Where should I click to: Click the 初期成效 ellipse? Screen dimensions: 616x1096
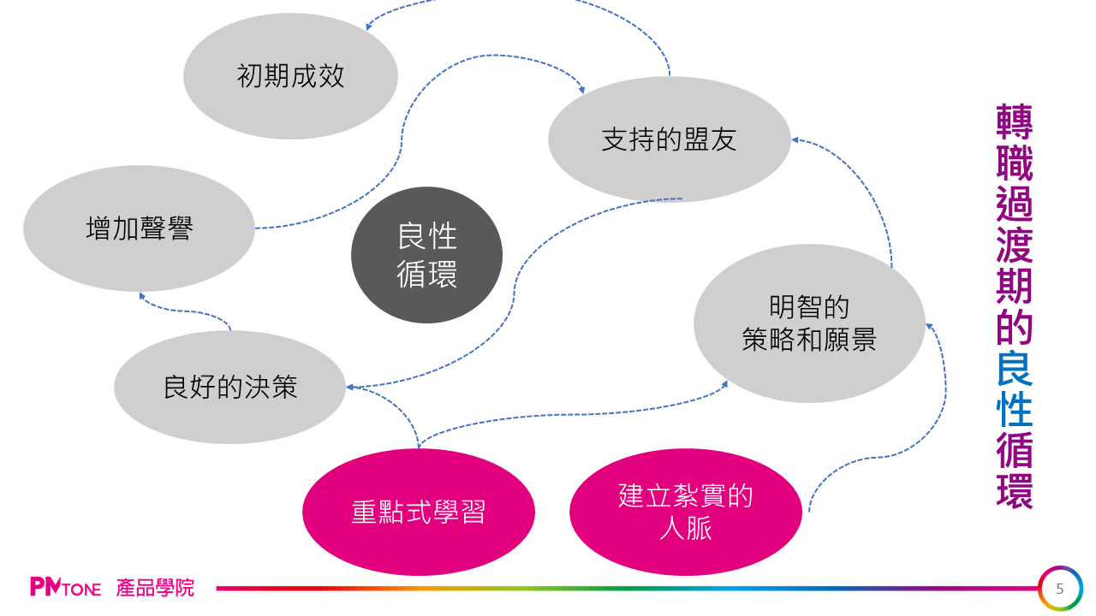point(290,76)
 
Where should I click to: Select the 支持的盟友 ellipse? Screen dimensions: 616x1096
point(669,139)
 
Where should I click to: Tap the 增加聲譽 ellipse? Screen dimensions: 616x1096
point(139,228)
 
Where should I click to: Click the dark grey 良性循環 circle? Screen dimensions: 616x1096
point(426,255)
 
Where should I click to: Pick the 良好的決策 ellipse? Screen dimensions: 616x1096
point(229,387)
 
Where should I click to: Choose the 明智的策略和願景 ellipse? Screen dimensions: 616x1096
point(808,323)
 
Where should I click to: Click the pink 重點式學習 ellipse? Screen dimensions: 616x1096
point(418,512)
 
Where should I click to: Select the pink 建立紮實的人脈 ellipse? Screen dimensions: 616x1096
point(685,512)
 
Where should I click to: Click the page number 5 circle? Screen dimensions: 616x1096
point(1060,589)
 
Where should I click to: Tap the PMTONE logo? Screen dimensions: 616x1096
point(65,588)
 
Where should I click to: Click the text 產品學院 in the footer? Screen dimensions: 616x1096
point(155,588)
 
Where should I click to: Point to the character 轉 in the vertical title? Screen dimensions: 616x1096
point(1015,122)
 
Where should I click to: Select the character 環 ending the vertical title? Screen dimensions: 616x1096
point(1015,490)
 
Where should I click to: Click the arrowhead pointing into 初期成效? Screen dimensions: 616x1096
point(369,27)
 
